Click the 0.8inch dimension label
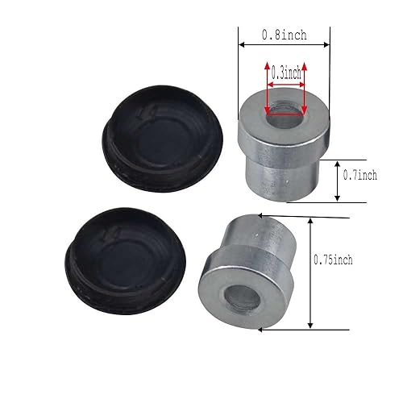point(283,35)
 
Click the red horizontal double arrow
point(285,83)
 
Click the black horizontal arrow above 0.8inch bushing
point(285,46)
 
